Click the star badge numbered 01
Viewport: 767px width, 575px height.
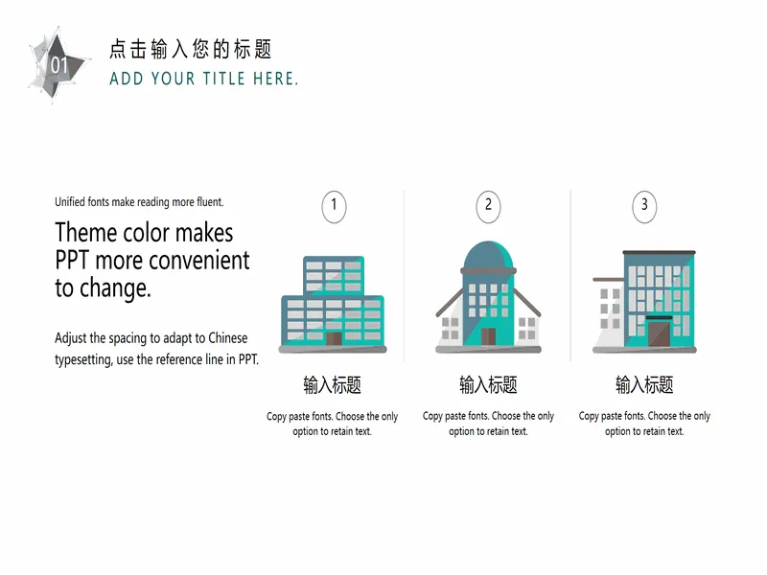coord(58,64)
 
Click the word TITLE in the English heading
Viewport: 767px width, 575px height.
coord(224,79)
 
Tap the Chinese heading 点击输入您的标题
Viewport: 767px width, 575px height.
coord(190,49)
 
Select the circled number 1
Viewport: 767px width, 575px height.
coord(334,206)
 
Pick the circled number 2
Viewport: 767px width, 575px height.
coord(488,206)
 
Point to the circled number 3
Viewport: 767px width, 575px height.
coord(644,206)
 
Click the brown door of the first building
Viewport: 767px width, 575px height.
coord(334,339)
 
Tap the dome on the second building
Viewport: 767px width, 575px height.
coord(488,254)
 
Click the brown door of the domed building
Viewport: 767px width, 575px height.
coord(488,336)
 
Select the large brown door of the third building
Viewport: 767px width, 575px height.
coord(659,333)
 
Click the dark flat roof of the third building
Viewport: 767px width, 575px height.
coord(659,252)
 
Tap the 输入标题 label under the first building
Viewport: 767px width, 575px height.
coord(332,385)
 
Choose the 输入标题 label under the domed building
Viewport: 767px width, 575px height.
coord(488,385)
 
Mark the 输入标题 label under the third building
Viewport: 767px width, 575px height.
coord(644,385)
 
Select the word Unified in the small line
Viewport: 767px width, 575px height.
coord(69,202)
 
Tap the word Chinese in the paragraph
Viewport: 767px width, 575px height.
coord(228,338)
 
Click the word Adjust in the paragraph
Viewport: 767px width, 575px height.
coord(70,339)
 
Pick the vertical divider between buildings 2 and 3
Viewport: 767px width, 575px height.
coord(570,276)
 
